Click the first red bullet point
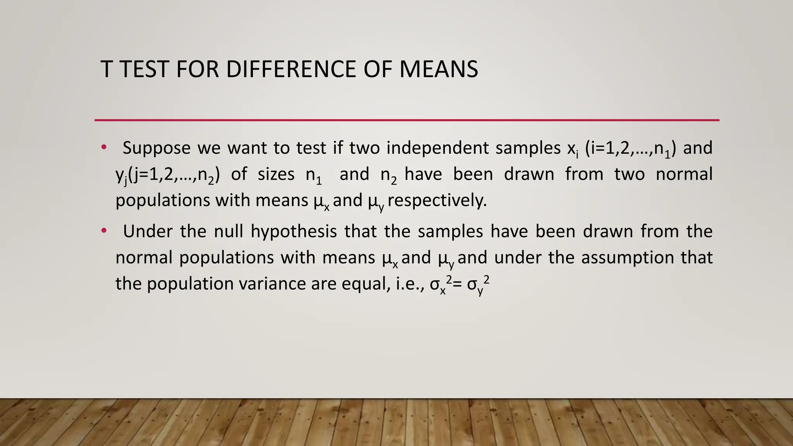click(x=103, y=147)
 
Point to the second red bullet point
click(x=103, y=231)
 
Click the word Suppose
click(x=156, y=148)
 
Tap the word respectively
click(x=437, y=201)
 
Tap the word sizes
click(x=276, y=174)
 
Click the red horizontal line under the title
click(x=407, y=120)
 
